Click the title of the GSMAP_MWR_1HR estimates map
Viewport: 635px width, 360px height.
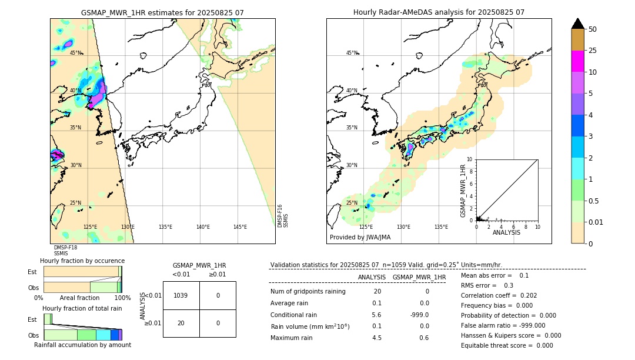coord(162,12)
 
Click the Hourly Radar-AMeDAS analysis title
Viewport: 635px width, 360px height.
coord(439,12)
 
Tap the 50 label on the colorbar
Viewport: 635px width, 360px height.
coord(593,29)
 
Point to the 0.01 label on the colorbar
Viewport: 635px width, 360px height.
coord(596,222)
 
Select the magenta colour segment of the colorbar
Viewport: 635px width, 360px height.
coord(577,61)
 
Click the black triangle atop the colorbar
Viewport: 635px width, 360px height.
coord(577,24)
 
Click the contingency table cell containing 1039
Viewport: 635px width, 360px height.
coord(181,295)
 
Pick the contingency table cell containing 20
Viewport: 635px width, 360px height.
coord(181,323)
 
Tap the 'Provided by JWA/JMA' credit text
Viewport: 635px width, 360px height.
coord(360,237)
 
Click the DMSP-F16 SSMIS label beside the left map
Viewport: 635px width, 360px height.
coord(283,216)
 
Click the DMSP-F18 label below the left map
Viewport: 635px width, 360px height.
coord(65,248)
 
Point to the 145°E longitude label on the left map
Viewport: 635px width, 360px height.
coord(240,227)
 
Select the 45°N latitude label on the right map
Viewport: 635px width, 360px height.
coord(352,53)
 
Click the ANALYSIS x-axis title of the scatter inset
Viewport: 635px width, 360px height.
coord(506,232)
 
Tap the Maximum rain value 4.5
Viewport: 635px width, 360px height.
coord(377,338)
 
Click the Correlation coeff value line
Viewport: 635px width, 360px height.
coord(499,295)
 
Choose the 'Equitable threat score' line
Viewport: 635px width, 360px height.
coord(507,345)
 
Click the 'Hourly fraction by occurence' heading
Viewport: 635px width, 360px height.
coord(82,261)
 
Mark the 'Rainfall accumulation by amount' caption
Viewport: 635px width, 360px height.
coord(82,345)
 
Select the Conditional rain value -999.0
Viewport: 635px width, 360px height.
coord(419,315)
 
